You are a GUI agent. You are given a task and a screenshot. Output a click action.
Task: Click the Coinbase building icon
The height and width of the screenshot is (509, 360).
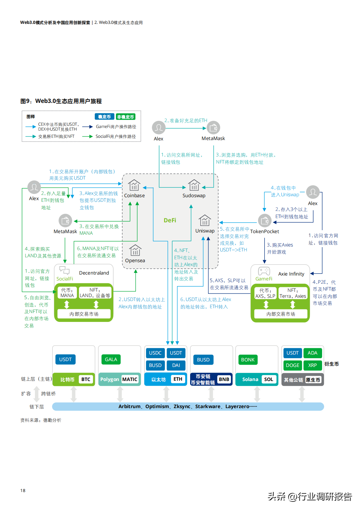tap(134, 185)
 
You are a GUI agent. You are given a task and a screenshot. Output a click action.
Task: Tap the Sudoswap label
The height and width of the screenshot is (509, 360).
tap(194, 196)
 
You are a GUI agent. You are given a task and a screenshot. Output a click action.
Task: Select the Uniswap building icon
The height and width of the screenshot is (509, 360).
tap(205, 220)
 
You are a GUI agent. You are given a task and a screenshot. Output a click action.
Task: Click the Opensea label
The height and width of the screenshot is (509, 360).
tap(135, 261)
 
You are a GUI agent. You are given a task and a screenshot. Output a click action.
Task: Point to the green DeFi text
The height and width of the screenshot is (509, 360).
tap(170, 220)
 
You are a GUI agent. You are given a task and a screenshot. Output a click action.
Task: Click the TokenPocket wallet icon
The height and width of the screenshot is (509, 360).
tap(265, 221)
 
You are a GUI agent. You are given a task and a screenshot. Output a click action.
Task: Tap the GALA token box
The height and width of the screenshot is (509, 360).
tap(111, 359)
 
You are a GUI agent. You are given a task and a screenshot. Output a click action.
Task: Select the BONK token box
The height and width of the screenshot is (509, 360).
tap(248, 360)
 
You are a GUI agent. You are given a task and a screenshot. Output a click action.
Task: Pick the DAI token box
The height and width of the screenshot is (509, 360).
tap(176, 365)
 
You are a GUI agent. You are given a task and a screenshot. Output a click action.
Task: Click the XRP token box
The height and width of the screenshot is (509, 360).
tap(312, 365)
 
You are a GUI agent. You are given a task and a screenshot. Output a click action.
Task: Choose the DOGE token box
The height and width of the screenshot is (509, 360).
tap(292, 365)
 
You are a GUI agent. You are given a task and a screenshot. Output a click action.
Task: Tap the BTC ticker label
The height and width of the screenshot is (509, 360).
tap(86, 379)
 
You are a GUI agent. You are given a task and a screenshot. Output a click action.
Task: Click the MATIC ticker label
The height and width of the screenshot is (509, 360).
tap(130, 379)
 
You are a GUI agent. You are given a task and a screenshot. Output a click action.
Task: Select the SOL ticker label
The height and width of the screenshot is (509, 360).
tap(269, 379)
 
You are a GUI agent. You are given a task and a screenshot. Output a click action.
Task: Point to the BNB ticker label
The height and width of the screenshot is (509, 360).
tap(224, 379)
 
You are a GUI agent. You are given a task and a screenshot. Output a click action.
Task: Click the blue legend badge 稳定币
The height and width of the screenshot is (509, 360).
tap(105, 117)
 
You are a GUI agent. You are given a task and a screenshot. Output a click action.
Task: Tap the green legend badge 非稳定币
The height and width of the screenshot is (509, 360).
tap(125, 117)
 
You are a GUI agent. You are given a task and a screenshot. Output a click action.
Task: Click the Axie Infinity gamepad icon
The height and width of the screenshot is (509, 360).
tap(264, 271)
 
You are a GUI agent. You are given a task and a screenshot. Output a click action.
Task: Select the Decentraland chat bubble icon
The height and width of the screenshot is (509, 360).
tap(64, 270)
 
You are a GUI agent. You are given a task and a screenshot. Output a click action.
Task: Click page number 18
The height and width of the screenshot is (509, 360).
tap(23, 490)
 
